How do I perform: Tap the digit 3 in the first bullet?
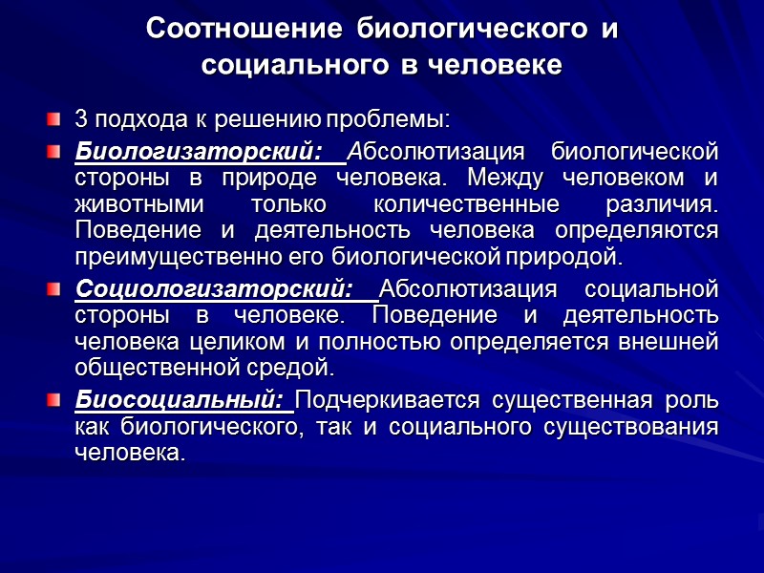click(80, 120)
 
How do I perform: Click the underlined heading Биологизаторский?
click(196, 151)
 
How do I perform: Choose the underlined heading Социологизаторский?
click(214, 288)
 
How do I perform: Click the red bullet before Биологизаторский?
click(54, 151)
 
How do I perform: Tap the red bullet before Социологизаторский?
click(54, 288)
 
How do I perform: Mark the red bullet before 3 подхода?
click(54, 120)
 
